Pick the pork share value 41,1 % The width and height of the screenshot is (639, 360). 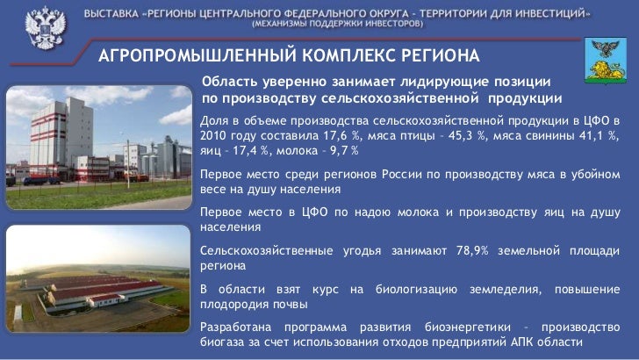[600, 136]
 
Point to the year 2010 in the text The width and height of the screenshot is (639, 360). [215, 136]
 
